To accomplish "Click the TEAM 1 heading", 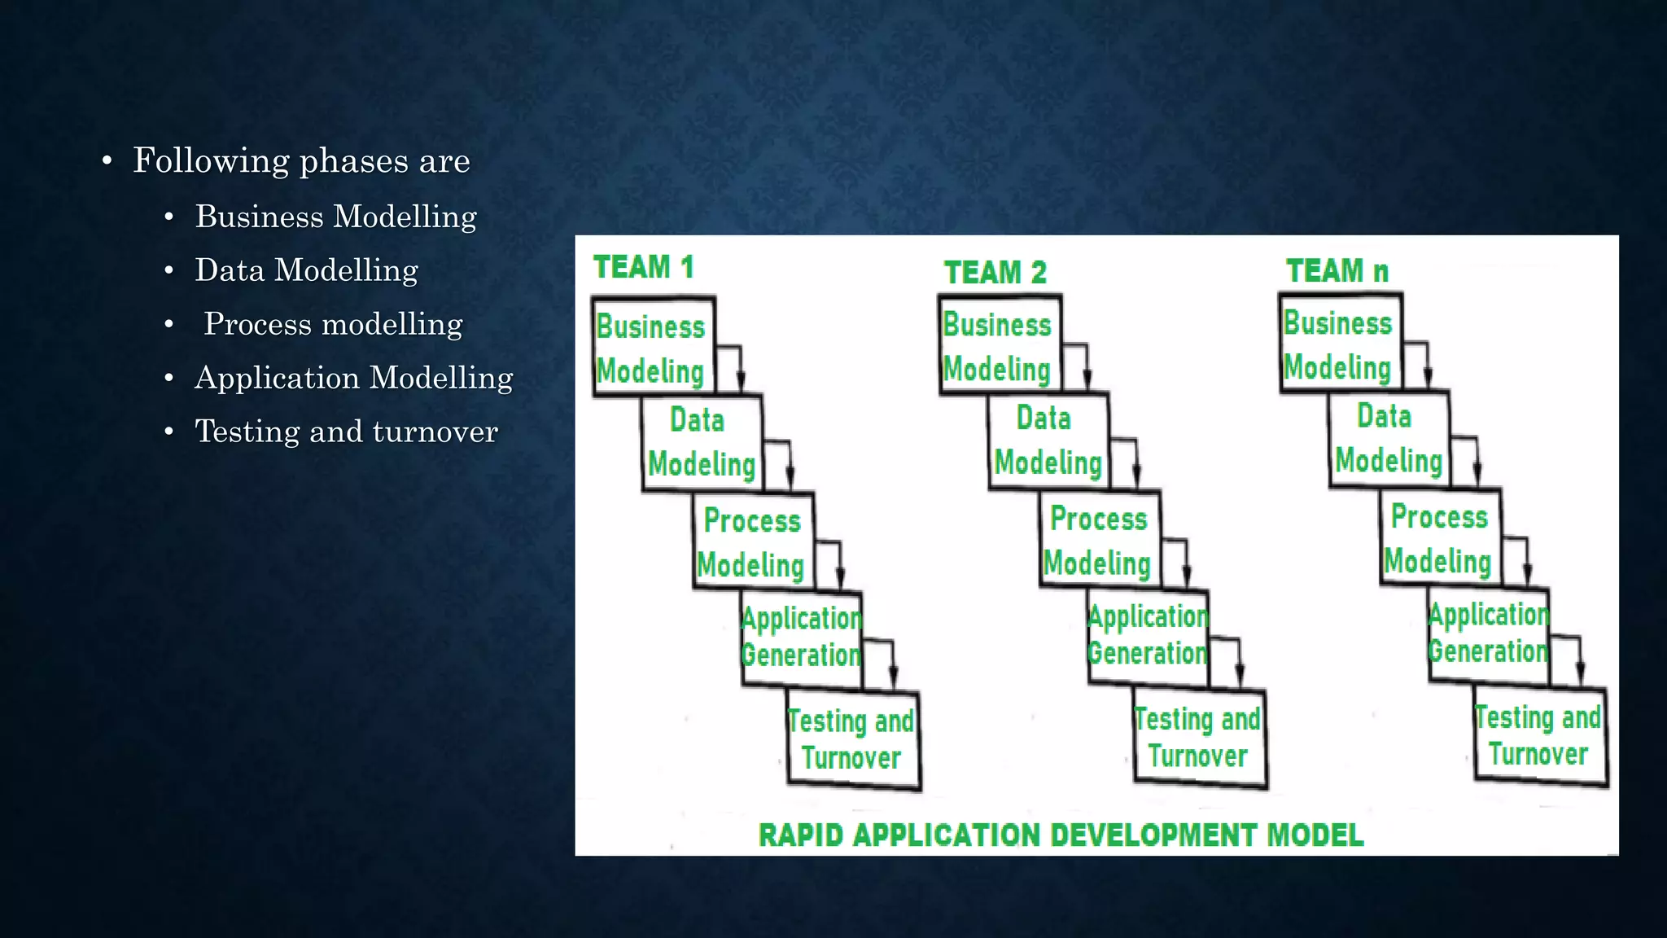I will click(x=643, y=267).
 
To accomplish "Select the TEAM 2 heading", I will click(x=995, y=272).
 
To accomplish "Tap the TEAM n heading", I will click(x=1337, y=270).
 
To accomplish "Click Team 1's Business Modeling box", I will click(x=653, y=348).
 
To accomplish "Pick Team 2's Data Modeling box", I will click(x=1048, y=441).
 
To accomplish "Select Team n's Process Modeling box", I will click(x=1439, y=538).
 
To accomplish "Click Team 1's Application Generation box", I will click(x=801, y=638).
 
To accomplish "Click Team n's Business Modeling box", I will click(x=1339, y=345).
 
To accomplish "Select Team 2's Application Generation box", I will click(x=1148, y=635).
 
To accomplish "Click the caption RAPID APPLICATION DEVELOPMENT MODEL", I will click(x=1061, y=835).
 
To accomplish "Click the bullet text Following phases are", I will click(x=301, y=160).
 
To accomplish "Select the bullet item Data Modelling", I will click(x=306, y=270).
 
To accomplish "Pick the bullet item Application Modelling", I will click(x=353, y=378).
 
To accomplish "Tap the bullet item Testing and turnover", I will click(x=346, y=432).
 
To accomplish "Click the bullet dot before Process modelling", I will click(x=169, y=325).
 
